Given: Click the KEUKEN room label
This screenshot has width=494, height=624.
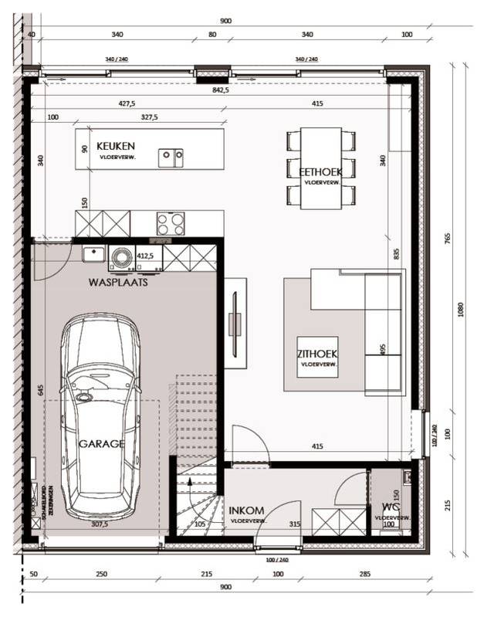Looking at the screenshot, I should coord(116,146).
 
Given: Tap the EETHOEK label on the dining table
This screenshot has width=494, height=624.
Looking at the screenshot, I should coord(321,171).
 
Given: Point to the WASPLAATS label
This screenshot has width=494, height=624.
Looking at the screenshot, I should coord(118,283).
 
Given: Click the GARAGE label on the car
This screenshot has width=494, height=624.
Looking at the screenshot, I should coord(101,444).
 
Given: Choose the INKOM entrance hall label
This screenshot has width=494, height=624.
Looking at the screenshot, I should coord(247,510).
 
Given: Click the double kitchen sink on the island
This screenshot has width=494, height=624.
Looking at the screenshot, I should coord(171,158).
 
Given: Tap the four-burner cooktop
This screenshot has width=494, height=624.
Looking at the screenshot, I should coord(171,223).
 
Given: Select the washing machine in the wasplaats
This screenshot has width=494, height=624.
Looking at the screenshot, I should coord(121,258).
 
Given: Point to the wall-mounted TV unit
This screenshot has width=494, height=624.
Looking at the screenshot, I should coord(236,317).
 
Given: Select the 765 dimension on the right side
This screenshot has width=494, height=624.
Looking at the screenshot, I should coord(447,236).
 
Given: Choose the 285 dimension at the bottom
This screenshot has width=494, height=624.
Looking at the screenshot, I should coord(365,574).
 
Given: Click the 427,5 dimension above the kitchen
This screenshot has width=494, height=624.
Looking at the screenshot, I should coord(126,103).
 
